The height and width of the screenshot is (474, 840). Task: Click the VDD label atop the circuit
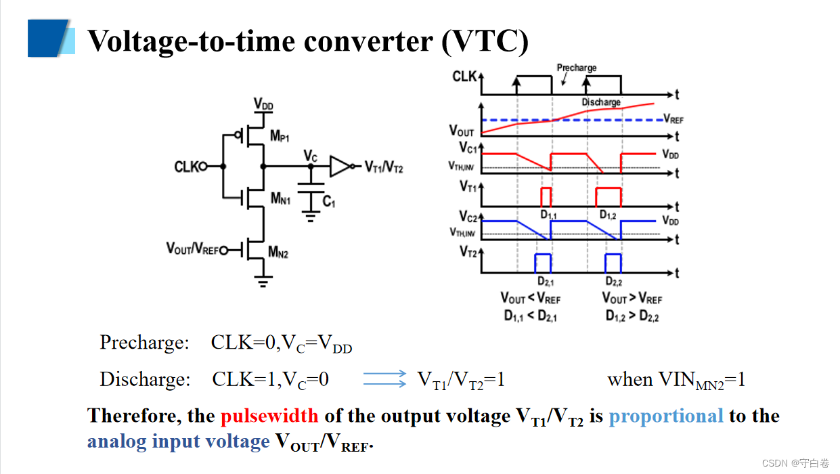(x=263, y=104)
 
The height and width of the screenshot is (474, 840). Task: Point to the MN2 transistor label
(x=278, y=253)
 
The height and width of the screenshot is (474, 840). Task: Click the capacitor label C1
(x=329, y=201)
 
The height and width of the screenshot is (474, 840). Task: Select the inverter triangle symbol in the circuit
(x=340, y=166)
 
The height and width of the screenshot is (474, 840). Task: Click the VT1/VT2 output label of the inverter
(x=384, y=167)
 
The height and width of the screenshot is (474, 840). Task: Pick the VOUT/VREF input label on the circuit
(x=192, y=249)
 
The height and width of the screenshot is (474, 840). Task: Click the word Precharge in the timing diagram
(x=577, y=68)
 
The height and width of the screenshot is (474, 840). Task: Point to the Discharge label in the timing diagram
(x=601, y=102)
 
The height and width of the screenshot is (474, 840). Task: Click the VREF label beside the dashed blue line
(x=673, y=120)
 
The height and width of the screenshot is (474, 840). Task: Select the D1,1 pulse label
(x=548, y=215)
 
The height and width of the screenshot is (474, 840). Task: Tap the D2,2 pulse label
(x=614, y=282)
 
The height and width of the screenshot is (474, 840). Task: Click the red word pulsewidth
(x=270, y=416)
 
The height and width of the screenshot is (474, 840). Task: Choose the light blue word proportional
(x=666, y=416)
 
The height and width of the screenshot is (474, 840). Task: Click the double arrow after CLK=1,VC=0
(x=384, y=379)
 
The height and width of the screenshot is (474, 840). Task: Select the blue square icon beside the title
(x=48, y=38)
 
